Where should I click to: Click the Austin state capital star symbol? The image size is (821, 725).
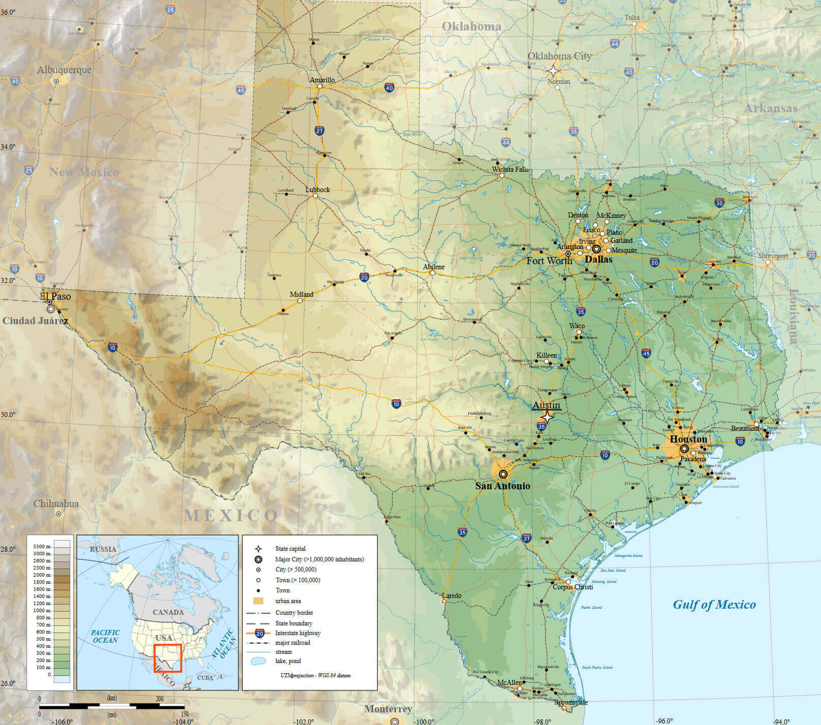click(546, 417)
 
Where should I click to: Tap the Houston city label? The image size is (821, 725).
click(688, 439)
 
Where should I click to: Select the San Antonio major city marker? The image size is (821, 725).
click(503, 474)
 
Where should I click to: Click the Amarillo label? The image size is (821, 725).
click(322, 80)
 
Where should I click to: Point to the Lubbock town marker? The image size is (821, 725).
click(315, 196)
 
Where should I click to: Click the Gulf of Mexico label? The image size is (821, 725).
click(714, 605)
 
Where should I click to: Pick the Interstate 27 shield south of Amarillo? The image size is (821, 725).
click(319, 131)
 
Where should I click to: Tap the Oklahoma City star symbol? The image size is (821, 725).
click(553, 71)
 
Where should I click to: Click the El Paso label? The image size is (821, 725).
click(55, 296)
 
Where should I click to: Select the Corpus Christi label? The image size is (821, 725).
click(572, 587)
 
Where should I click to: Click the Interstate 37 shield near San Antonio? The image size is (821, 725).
click(526, 538)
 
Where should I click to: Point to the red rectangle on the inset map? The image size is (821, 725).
click(168, 658)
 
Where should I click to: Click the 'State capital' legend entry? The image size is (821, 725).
click(290, 549)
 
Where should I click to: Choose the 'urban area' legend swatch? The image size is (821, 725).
click(258, 601)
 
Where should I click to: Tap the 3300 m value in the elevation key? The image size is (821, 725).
click(42, 546)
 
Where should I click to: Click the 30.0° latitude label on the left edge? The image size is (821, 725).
click(8, 415)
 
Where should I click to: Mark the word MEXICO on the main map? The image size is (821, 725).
click(231, 516)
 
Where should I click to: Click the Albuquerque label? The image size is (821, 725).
click(64, 70)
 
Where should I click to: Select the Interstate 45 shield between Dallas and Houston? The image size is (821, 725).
click(646, 353)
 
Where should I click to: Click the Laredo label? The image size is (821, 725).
click(451, 595)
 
